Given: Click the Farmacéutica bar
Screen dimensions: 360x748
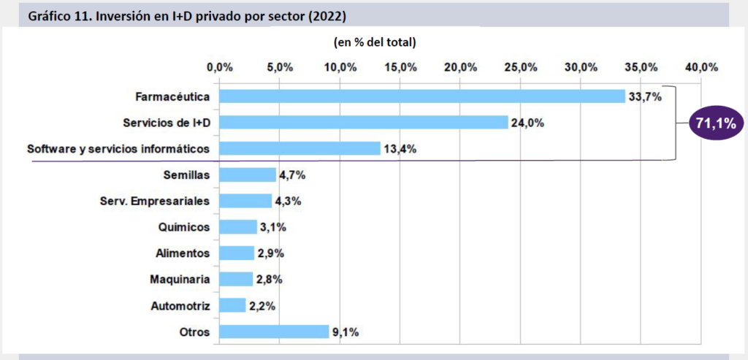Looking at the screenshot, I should pos(421,96).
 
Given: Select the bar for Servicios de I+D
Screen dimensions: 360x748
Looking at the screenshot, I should pos(363,123).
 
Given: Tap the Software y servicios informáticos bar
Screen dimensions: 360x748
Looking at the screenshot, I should pos(299,149).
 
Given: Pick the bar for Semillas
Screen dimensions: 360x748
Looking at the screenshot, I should pos(247,175).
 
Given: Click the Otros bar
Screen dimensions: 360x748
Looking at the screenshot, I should pos(274,332).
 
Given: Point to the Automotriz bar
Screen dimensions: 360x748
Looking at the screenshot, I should pos(232,305).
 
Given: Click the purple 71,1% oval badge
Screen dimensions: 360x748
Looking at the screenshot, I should pos(715,124).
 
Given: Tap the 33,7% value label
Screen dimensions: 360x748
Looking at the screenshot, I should pos(644,96).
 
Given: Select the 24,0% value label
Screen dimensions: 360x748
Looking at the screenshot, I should pos(527,123).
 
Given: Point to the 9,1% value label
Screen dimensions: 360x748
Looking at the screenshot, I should pos(346,332).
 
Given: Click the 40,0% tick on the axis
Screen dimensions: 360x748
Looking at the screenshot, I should pos(701,67).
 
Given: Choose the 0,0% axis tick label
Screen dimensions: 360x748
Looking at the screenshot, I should pos(219,67).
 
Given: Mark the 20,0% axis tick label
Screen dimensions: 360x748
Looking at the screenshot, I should pos(460,67).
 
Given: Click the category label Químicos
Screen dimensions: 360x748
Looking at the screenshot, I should pos(184,227).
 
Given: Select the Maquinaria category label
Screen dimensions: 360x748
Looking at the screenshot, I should pos(180,279).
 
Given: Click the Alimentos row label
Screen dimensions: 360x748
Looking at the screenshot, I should pos(183,253).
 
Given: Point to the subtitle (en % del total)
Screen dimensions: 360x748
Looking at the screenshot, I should pos(375,42).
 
